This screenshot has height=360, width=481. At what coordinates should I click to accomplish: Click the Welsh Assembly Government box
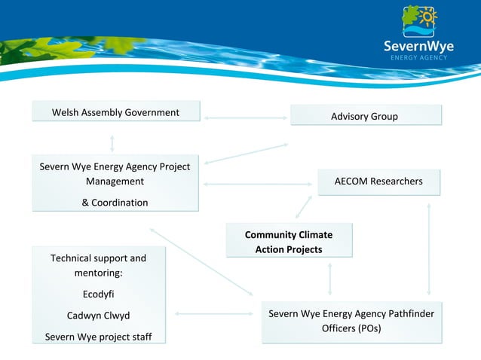[115, 112]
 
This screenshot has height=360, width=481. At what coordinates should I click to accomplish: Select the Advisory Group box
[365, 116]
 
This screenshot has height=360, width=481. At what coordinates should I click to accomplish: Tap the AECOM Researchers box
[378, 182]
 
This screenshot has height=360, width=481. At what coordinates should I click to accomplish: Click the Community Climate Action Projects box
[289, 241]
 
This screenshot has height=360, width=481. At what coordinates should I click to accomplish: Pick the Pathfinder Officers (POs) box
[351, 322]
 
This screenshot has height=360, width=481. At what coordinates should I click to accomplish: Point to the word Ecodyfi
[98, 294]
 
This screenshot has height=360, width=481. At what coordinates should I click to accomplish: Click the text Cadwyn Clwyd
[98, 316]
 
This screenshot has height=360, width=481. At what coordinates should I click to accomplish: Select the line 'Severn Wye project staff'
[98, 337]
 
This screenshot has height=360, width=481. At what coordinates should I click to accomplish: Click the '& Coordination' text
[115, 203]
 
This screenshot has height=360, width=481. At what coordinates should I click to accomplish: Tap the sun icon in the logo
[428, 17]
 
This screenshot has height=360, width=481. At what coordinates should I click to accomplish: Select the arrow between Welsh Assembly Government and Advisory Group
[245, 118]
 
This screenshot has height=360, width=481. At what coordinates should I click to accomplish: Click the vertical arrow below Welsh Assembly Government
[112, 142]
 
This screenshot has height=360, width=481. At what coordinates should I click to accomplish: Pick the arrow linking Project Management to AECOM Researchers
[258, 184]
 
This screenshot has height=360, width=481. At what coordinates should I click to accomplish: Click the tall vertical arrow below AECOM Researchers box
[429, 249]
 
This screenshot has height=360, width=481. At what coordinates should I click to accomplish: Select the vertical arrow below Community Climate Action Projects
[329, 279]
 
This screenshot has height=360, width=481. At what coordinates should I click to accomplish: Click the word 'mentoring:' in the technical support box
[98, 273]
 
